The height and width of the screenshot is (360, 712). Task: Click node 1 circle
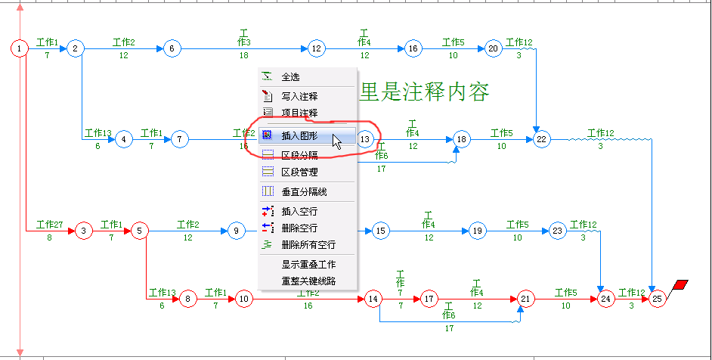click(20, 49)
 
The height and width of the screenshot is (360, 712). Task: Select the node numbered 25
click(658, 299)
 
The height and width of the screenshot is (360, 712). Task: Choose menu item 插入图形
click(300, 137)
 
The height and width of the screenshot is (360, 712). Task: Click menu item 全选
click(290, 76)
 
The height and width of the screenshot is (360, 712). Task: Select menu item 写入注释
click(299, 96)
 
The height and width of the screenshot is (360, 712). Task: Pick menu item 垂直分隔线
click(304, 191)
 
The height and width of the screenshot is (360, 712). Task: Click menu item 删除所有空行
click(308, 244)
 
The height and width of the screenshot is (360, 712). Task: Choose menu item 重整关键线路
click(308, 281)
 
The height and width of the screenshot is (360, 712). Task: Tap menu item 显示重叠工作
click(308, 265)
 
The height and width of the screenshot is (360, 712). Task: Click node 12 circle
click(316, 49)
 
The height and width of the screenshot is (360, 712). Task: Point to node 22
click(541, 139)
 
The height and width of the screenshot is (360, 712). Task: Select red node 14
click(373, 299)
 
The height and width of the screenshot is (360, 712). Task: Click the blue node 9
click(237, 231)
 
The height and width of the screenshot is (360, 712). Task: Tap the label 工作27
click(49, 225)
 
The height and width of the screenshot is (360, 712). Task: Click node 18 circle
click(462, 139)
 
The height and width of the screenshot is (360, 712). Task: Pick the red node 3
click(84, 231)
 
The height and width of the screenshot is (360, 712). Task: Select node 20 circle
click(494, 49)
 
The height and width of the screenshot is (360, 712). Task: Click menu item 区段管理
click(299, 172)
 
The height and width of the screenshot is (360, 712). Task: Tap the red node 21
click(526, 299)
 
